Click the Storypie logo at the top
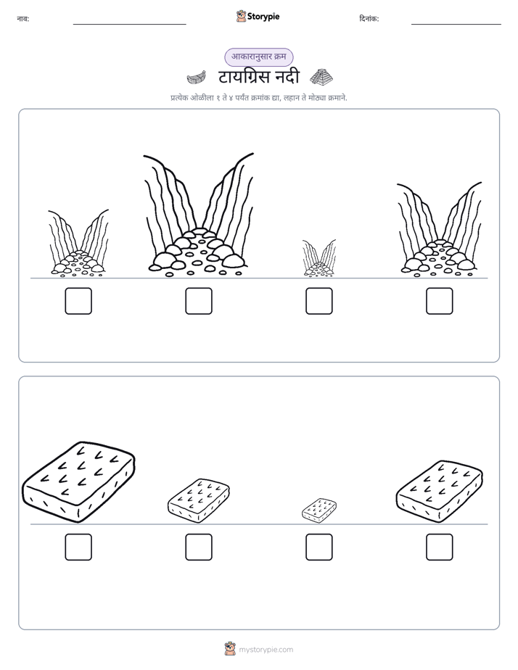click(x=258, y=16)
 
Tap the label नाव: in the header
click(x=23, y=19)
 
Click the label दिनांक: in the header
click(x=369, y=19)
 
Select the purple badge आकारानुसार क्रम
click(x=258, y=57)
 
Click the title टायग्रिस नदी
click(x=258, y=78)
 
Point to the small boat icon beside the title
click(x=196, y=78)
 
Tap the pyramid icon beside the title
click(x=321, y=77)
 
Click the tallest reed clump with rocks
click(x=198, y=214)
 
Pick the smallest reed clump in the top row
click(x=319, y=258)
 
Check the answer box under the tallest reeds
click(x=199, y=301)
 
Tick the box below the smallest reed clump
click(x=319, y=301)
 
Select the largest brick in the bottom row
click(x=78, y=481)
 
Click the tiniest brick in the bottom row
click(x=319, y=510)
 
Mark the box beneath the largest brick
click(x=78, y=547)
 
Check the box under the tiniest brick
click(x=319, y=547)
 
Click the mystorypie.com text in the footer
click(x=266, y=650)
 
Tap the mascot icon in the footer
click(x=230, y=649)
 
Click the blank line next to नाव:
click(x=129, y=25)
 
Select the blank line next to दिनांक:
click(x=456, y=25)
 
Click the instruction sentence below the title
click(x=259, y=98)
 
